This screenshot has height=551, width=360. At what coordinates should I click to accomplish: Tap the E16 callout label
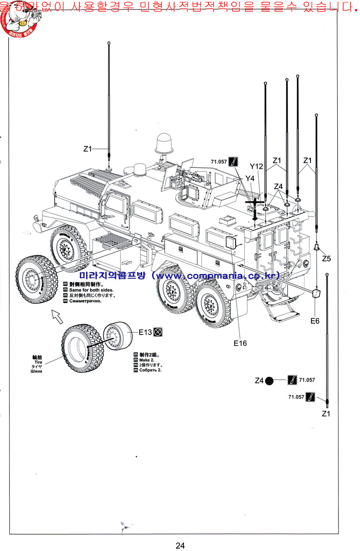[x=240, y=343]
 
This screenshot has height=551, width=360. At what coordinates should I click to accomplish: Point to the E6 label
[x=315, y=320]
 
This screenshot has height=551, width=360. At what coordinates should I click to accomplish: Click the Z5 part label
[x=326, y=258]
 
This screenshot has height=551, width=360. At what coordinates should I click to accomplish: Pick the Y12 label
[x=256, y=167]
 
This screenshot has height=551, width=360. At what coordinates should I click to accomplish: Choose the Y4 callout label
[x=250, y=178]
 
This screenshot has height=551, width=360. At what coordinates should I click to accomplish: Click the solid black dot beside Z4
[x=269, y=381]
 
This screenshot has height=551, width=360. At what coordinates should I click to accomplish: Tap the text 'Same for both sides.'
[x=90, y=290]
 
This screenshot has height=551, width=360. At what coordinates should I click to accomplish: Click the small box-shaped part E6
[x=316, y=294]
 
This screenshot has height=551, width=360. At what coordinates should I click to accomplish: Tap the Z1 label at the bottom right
[x=326, y=413]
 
